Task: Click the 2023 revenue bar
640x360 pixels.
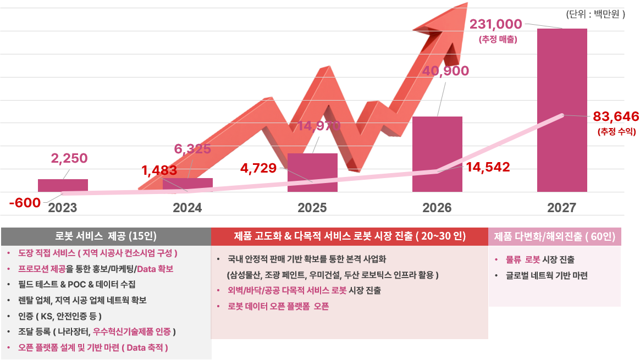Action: point(63,185)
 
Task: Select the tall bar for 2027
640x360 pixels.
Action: point(561,110)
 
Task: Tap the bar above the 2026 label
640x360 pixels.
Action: point(437,154)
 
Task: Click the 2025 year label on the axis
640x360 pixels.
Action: point(312,208)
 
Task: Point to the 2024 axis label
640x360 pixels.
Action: point(187,208)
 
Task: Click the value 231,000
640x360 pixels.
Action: point(495,25)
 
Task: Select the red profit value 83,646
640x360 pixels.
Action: point(616,117)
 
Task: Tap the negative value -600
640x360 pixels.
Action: point(25,203)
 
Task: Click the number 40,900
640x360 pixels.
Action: point(445,71)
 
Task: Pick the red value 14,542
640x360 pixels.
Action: point(488,167)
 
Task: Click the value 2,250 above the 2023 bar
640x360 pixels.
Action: point(69,158)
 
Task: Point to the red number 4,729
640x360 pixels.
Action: point(258,168)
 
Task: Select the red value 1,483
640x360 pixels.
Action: point(159,170)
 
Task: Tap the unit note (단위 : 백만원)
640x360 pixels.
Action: point(595,15)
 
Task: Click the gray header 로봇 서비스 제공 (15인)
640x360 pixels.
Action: point(106,236)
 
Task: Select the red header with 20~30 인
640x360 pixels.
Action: point(350,236)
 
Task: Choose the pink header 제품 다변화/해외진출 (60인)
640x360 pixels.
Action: point(554,237)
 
